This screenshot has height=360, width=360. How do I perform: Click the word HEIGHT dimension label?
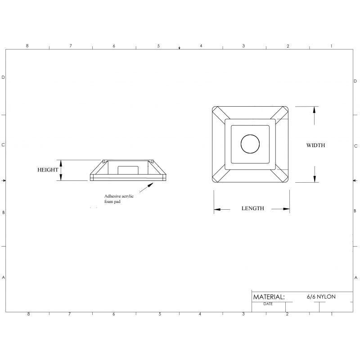pos(48,170)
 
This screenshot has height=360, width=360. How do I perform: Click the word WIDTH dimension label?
pos(315,145)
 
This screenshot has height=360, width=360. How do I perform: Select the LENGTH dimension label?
pos(252,208)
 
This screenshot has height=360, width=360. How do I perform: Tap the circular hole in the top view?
pos(250,144)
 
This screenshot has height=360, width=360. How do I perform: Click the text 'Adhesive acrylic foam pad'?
pos(119,199)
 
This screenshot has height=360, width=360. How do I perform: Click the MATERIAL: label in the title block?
pos(269,297)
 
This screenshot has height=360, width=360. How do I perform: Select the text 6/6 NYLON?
pos(321,297)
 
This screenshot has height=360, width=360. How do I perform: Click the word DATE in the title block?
pos(268,304)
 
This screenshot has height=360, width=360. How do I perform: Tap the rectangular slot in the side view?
pos(128,169)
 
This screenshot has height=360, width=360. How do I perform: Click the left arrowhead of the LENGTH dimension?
pos(216,209)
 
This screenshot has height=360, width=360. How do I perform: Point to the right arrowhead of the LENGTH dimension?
pos(286,209)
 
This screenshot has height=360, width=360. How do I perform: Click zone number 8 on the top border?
pos(27,46)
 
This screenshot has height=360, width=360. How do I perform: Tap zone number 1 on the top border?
pos(331,46)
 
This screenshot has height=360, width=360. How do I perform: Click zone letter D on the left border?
pos(3,77)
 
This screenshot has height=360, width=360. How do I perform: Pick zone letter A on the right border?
pos(356,277)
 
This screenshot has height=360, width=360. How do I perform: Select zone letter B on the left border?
pos(3,212)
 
